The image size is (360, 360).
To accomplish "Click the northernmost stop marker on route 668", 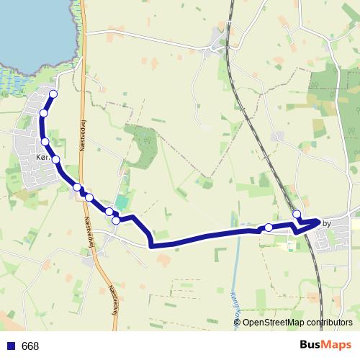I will click(53, 94).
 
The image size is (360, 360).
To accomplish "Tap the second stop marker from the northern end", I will click(44, 113).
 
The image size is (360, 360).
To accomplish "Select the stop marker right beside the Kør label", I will click(55, 159).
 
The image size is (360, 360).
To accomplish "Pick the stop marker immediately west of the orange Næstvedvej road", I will click(76, 187).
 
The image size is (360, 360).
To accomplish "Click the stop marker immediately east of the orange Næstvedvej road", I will click(89, 197).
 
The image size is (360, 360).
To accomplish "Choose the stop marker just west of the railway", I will click(269, 228).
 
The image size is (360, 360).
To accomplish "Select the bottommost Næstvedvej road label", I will click(113, 299).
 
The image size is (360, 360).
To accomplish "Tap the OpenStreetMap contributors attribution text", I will click(297, 323).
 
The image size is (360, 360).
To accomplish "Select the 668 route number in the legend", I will click(30, 346).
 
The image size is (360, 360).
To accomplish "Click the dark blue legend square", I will click(11, 346).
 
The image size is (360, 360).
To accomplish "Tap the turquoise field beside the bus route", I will click(120, 205).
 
